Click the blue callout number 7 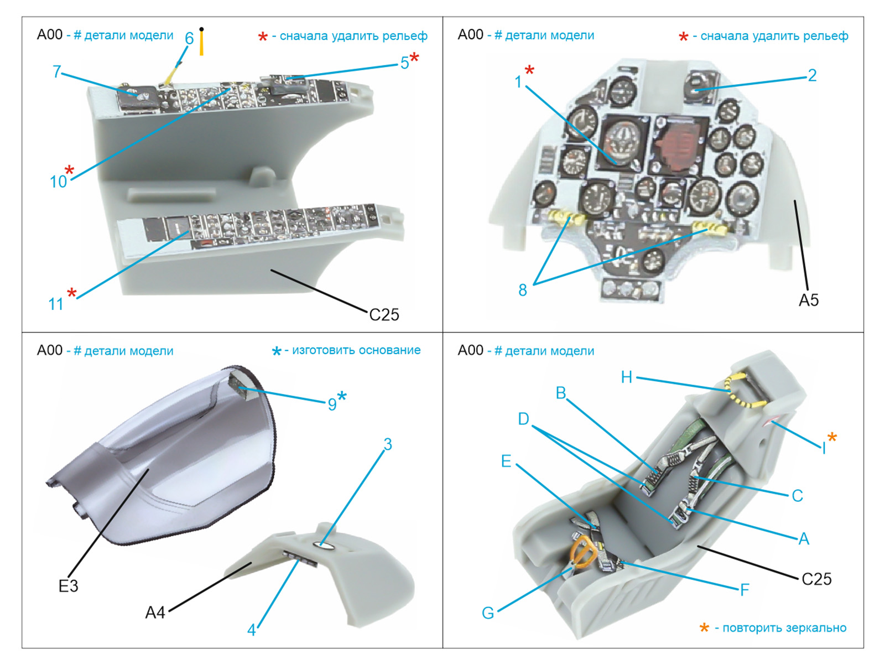(56, 71)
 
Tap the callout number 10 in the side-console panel (58, 181)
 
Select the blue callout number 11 (56, 304)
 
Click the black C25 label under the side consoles (384, 315)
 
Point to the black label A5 (808, 300)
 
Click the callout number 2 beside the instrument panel (812, 75)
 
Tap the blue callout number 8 (523, 290)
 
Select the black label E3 (69, 586)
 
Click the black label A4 (155, 613)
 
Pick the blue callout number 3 (388, 444)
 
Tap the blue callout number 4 (251, 630)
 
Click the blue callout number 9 (332, 404)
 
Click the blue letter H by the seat (626, 377)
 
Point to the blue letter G (488, 613)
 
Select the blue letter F (745, 590)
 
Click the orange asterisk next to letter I (832, 438)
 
